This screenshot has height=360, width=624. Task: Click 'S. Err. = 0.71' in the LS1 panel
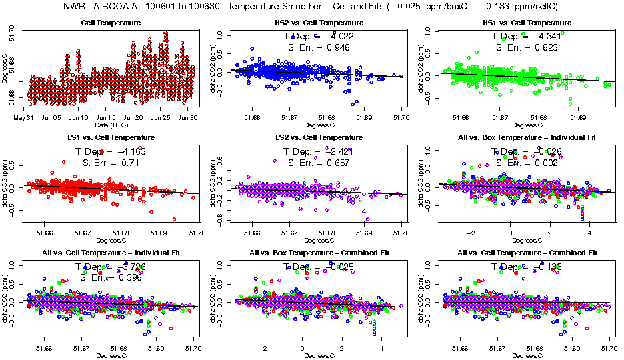tap(111, 163)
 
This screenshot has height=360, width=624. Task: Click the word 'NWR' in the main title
tap(73, 7)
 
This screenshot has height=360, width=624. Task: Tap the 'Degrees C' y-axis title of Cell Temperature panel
tap(5, 68)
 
